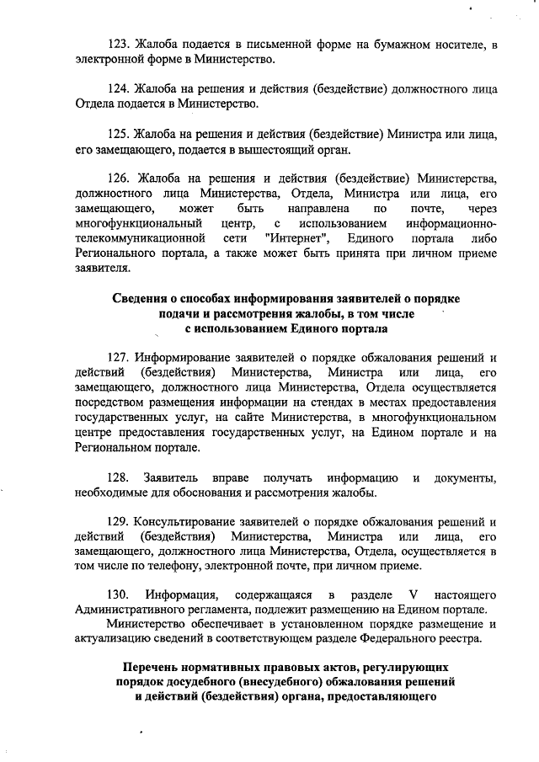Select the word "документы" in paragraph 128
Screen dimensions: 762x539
point(465,477)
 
